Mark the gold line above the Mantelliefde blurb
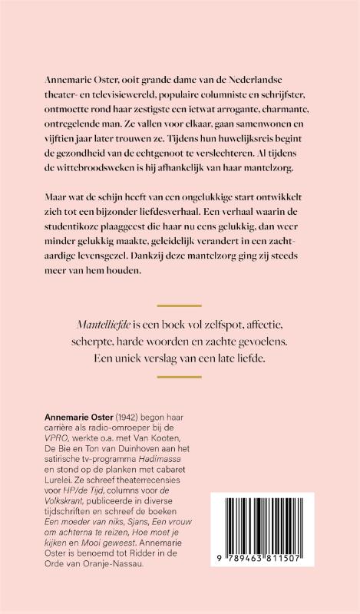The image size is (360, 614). [x=179, y=305]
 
